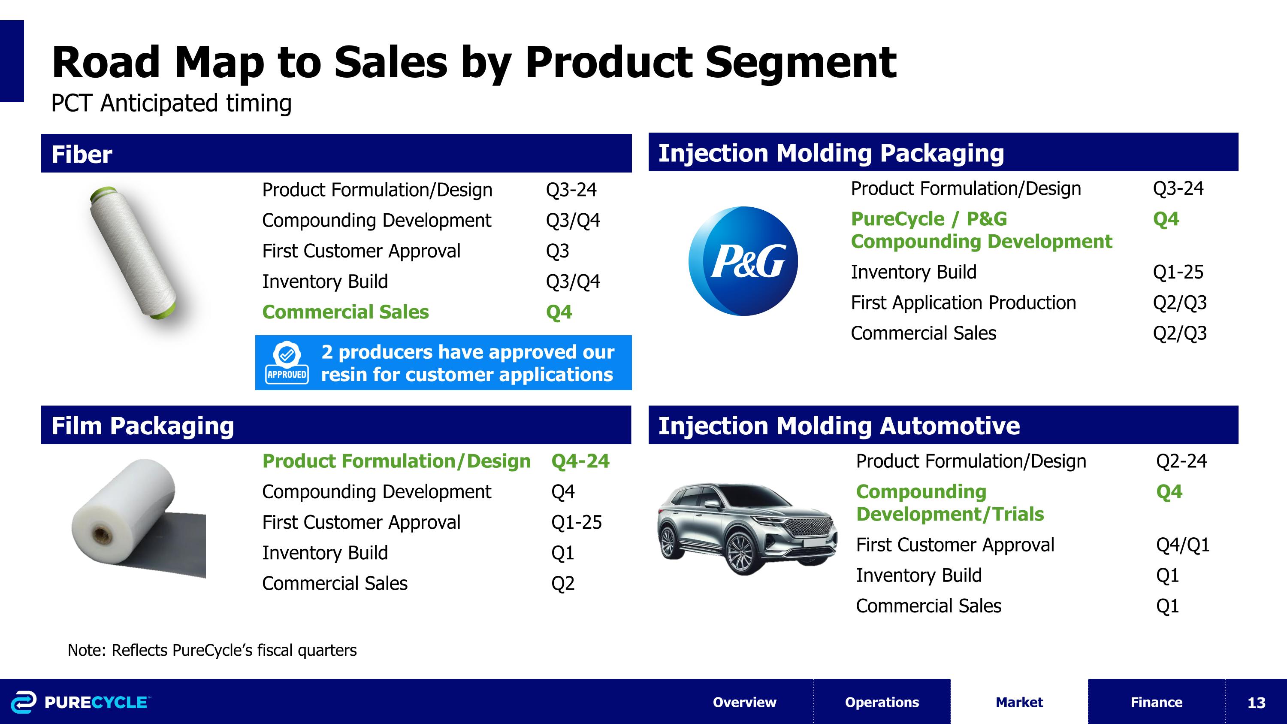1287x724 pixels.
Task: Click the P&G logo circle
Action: (743, 261)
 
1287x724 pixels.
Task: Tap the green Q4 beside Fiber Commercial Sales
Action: (559, 312)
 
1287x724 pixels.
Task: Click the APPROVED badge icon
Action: (287, 363)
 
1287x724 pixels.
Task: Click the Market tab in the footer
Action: (1019, 702)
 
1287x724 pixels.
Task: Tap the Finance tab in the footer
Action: (1156, 702)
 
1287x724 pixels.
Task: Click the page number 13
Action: (1256, 703)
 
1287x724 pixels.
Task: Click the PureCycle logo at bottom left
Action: (80, 702)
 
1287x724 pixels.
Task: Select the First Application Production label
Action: (963, 303)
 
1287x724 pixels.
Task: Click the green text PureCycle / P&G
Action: (928, 219)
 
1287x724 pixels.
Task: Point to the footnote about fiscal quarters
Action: (212, 650)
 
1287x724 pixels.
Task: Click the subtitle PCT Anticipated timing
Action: (171, 103)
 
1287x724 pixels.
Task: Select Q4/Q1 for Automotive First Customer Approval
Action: (1182, 545)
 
